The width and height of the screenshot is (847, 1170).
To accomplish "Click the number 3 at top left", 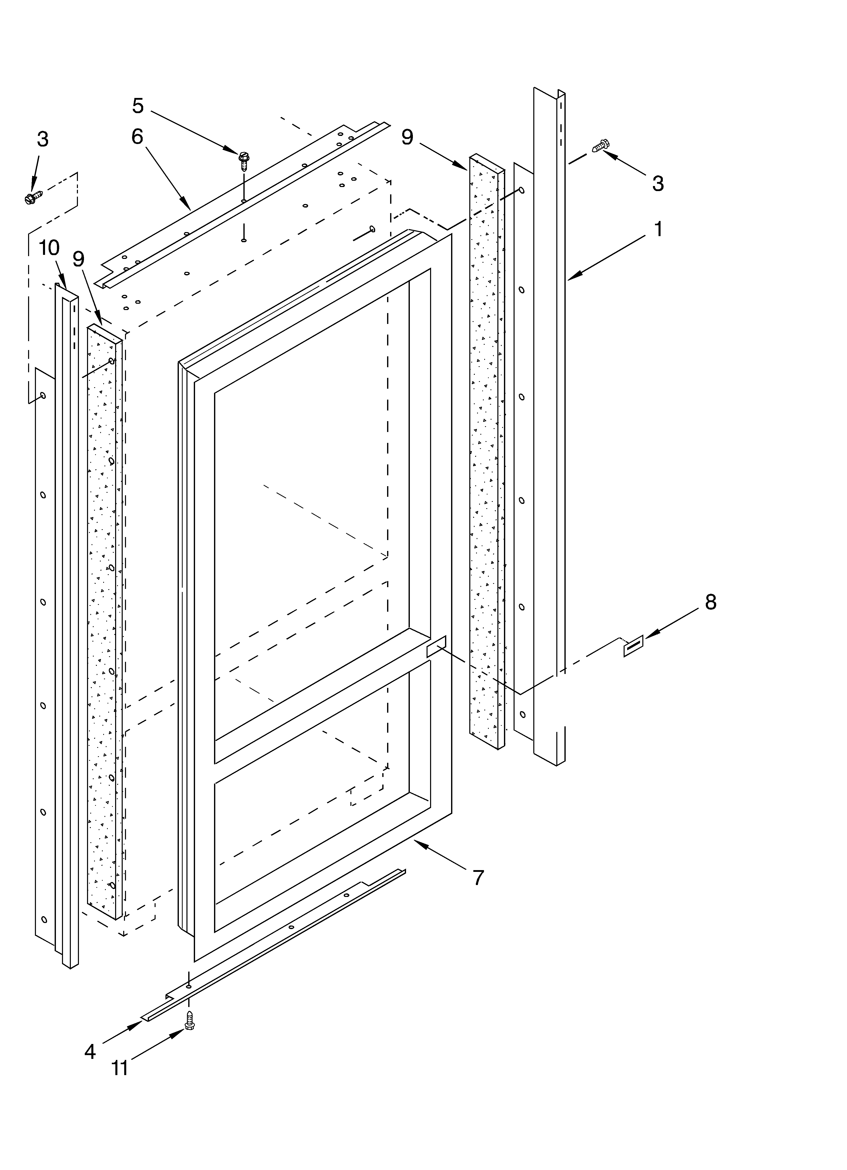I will coord(43,139).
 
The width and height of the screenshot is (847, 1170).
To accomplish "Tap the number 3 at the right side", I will coord(658,183).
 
